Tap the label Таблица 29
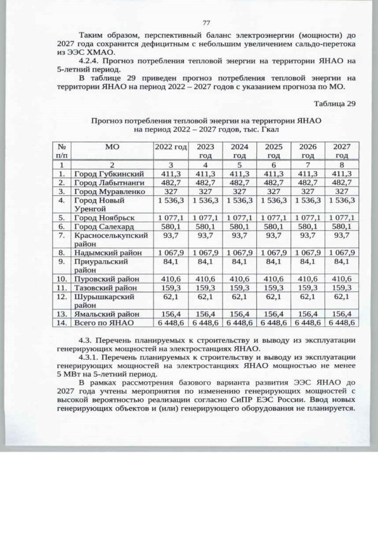(335, 104)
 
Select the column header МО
(112, 146)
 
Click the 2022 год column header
(171, 146)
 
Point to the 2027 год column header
(341, 150)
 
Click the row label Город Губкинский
(109, 173)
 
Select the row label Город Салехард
(104, 227)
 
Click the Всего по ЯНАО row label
(105, 323)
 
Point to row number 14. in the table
(61, 323)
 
